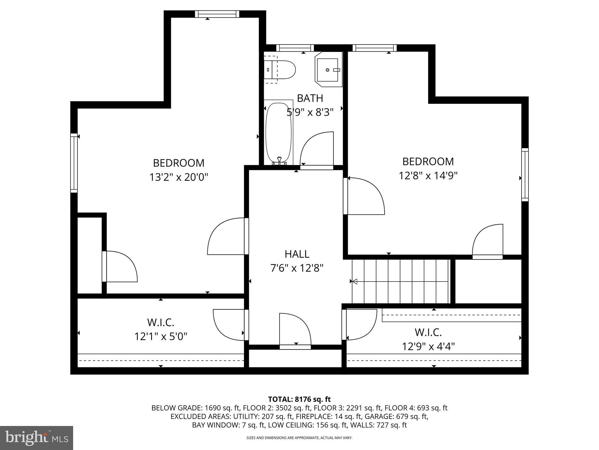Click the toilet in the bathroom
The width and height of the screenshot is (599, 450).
pos(280,70)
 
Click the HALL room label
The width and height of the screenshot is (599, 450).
pos(297,254)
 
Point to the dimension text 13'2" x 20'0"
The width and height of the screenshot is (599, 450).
pos(179,177)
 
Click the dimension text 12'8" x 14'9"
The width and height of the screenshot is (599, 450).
pos(428,175)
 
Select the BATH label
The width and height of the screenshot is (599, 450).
pos(310,98)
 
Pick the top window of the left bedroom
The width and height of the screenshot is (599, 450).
pos(217,14)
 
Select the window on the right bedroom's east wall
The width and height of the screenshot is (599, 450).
pos(525,175)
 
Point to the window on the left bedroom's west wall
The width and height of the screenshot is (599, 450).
pos(74,163)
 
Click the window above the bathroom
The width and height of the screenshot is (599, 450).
pos(295,48)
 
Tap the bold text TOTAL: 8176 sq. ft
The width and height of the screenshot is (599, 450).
pos(299,399)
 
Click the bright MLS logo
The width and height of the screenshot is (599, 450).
pos(36,438)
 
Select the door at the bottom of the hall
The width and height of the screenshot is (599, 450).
pos(295,347)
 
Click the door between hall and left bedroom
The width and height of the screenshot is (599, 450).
pos(246,236)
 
